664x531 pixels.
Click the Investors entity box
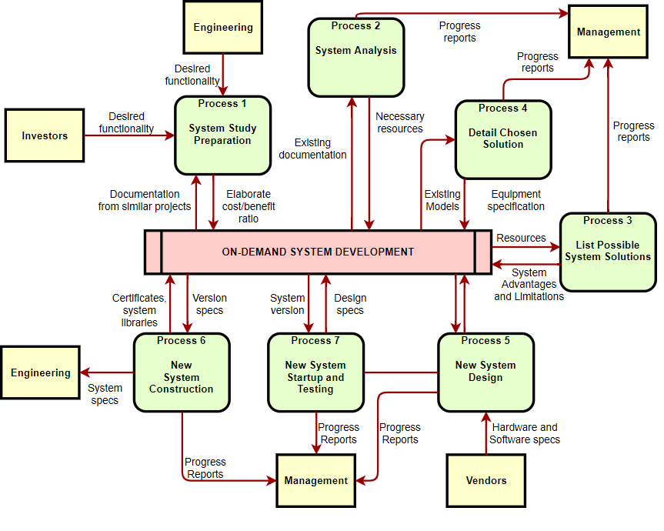click(45, 135)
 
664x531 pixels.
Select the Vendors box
click(485, 481)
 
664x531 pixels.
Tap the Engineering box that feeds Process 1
click(223, 27)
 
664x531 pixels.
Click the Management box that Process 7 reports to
click(316, 481)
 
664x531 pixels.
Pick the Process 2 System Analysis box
click(356, 58)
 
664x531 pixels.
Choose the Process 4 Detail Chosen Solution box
click(503, 140)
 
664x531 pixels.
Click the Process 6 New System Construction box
click(182, 372)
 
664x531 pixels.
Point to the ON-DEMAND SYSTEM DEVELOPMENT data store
click(318, 252)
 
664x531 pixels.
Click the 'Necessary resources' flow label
click(400, 122)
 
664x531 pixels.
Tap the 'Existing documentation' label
click(312, 149)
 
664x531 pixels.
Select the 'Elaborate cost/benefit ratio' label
click(249, 206)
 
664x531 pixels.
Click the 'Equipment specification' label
click(516, 200)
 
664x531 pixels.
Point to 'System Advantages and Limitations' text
click(529, 284)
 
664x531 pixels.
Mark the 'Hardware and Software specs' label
click(525, 433)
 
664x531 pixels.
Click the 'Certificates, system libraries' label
click(139, 310)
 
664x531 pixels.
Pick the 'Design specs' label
click(350, 304)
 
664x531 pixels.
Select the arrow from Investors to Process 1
click(129, 135)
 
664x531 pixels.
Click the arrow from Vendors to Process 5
click(486, 432)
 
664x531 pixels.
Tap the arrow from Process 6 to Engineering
click(107, 372)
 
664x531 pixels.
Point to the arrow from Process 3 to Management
click(608, 135)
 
